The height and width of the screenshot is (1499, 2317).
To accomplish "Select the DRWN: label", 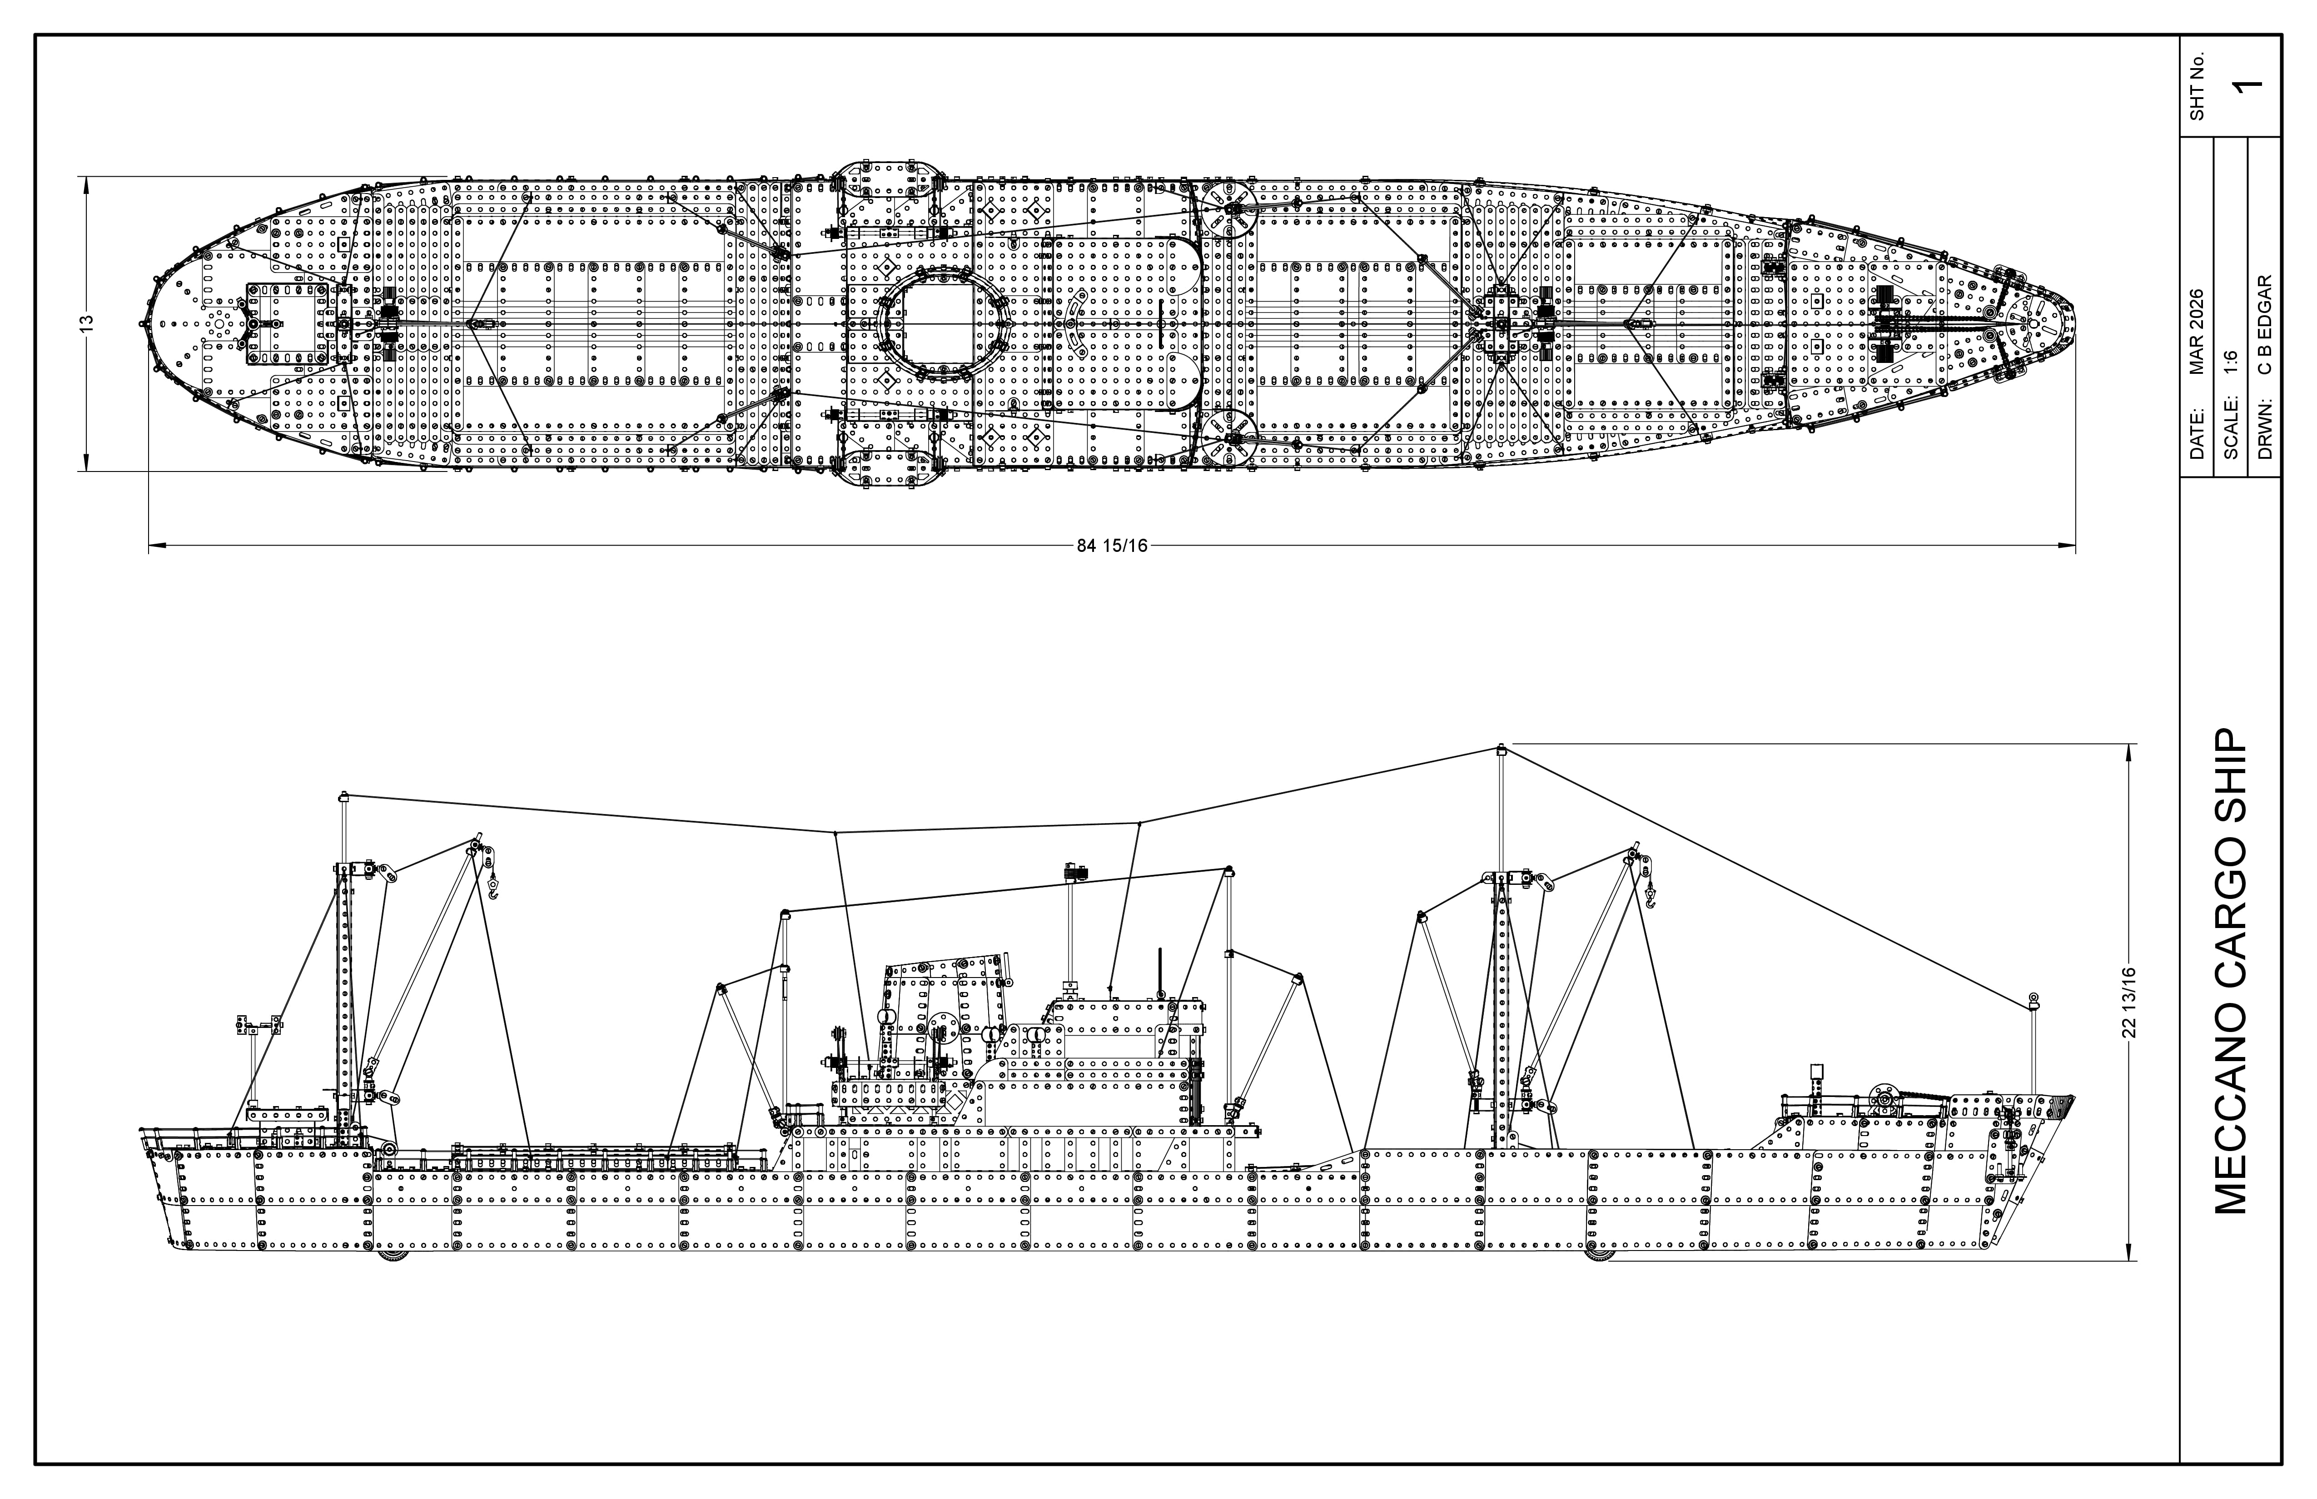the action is [x=2265, y=433].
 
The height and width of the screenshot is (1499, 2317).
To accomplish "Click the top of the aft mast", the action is [x=343, y=797].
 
